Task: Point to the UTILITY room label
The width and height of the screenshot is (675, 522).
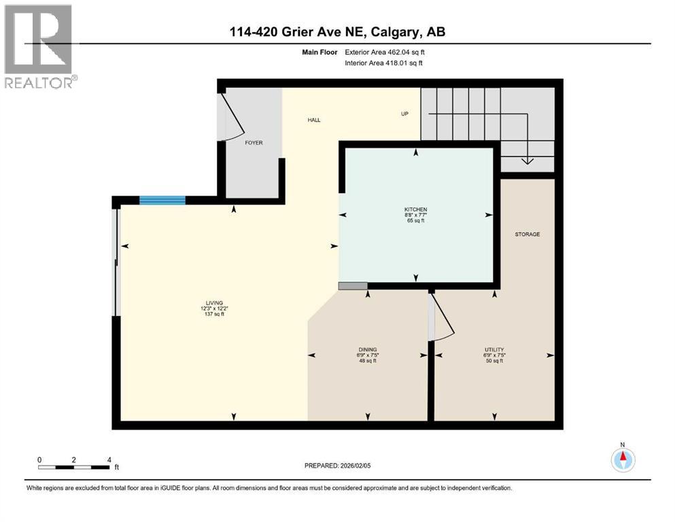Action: pos(494,349)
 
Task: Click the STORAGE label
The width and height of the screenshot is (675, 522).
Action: pos(527,234)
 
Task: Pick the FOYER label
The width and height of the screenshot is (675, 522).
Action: pos(254,143)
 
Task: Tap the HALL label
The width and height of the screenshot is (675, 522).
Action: pos(313,120)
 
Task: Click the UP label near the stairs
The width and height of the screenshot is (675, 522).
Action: pos(404,114)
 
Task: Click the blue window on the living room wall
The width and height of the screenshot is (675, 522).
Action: pos(162,200)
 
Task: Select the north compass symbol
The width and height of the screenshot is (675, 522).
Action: pos(623,460)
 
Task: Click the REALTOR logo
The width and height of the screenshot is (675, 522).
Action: pos(40,47)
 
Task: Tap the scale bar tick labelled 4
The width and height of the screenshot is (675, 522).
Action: pos(109,459)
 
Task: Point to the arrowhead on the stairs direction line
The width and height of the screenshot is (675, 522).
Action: pos(527,161)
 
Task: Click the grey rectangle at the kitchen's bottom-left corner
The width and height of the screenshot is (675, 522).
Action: pos(353,286)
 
